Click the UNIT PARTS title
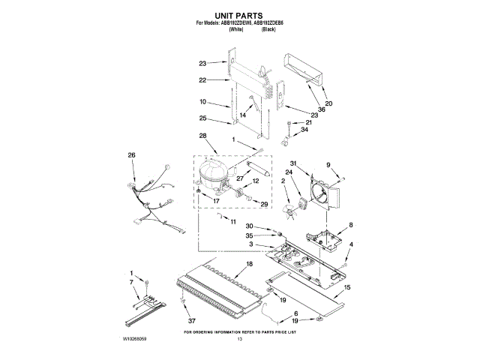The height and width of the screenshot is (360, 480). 240,14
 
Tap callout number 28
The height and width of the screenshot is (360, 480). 202,136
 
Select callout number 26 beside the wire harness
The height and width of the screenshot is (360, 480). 132,155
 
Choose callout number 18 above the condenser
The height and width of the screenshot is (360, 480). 249,264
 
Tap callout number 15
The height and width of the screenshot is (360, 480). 346,286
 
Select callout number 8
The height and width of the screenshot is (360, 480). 350,225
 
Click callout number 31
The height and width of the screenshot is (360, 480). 295,164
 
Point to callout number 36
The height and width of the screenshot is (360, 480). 322,109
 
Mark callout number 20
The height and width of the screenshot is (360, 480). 328,103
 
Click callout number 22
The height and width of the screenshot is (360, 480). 202,80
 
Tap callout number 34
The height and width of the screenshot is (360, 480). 304,130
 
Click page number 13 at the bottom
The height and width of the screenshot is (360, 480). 240,340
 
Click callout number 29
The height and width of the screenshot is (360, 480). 263,204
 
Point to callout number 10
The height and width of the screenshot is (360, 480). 202,101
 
